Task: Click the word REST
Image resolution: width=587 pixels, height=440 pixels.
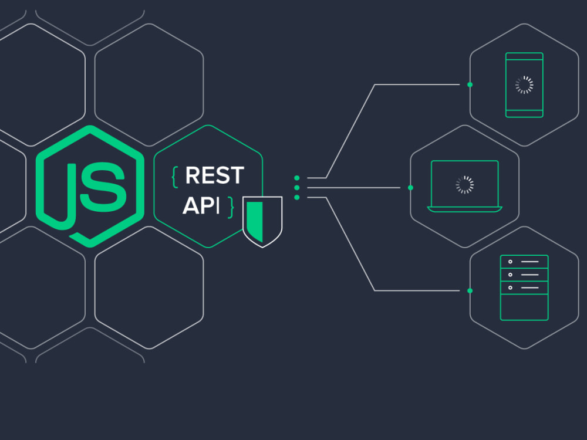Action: [214, 175]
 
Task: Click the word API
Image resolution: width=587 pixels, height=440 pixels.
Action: [201, 205]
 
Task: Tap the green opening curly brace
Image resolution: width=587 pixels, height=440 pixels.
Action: [174, 177]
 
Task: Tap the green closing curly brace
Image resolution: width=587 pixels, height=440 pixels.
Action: [231, 207]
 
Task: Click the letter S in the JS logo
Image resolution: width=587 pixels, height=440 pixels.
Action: [103, 187]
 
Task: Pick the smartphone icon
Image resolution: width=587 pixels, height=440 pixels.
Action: [524, 85]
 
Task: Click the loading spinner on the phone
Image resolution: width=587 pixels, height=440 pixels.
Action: [524, 85]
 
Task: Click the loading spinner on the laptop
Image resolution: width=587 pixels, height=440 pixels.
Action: [464, 185]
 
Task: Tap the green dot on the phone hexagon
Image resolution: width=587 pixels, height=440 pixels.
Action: [470, 85]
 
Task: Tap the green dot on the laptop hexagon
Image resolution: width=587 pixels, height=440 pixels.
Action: [411, 188]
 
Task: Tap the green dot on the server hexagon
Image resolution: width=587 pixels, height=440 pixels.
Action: [470, 291]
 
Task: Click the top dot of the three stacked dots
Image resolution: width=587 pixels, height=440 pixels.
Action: [297, 178]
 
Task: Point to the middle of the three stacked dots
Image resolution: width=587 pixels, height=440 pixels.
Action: [297, 188]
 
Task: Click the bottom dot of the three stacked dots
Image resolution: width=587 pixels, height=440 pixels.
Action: [297, 198]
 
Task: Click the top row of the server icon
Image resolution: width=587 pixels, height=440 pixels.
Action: [524, 262]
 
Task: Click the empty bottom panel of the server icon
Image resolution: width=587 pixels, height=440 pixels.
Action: [524, 307]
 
